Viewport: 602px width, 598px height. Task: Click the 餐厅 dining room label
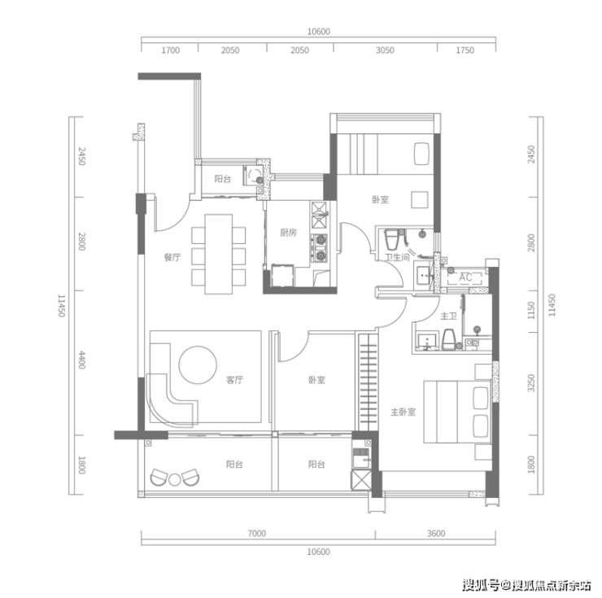pos(172,257)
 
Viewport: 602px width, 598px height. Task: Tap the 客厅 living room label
pos(234,380)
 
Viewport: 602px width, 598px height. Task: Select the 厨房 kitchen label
pos(288,233)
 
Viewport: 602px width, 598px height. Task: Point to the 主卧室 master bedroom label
pos(404,412)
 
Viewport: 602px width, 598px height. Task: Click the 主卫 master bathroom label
pos(448,316)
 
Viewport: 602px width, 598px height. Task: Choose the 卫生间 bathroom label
pos(397,257)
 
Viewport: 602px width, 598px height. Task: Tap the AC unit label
pos(465,277)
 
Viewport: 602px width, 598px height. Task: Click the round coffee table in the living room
pos(198,364)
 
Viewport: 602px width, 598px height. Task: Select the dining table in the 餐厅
pos(219,255)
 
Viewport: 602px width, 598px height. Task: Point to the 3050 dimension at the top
pos(385,50)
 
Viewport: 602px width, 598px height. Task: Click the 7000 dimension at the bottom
pos(257,534)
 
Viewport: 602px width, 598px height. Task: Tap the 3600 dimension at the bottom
pos(436,534)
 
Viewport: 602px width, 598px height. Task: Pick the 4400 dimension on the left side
pos(82,360)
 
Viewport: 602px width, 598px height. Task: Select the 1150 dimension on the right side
pos(531,310)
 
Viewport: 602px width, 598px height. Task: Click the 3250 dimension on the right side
pos(531,383)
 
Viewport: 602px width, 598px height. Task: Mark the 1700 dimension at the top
pos(171,50)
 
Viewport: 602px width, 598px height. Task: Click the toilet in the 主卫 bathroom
pos(448,339)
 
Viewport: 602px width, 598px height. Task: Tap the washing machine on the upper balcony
pos(253,176)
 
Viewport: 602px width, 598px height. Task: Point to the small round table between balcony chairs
pos(175,480)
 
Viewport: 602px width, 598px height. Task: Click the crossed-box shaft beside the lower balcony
pos(361,480)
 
